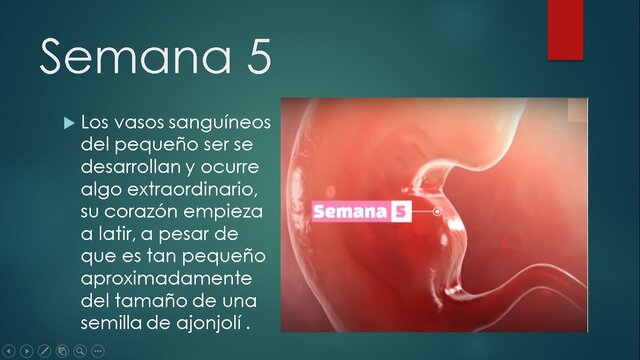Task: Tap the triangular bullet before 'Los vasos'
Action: click(69, 123)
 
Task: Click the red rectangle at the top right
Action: click(565, 28)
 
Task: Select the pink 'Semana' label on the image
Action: click(350, 212)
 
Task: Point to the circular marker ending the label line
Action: click(438, 212)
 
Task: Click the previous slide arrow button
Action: click(10, 351)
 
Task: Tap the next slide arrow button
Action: click(27, 351)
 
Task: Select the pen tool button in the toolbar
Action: click(44, 351)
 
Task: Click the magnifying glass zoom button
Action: click(79, 351)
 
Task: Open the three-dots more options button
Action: click(97, 351)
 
